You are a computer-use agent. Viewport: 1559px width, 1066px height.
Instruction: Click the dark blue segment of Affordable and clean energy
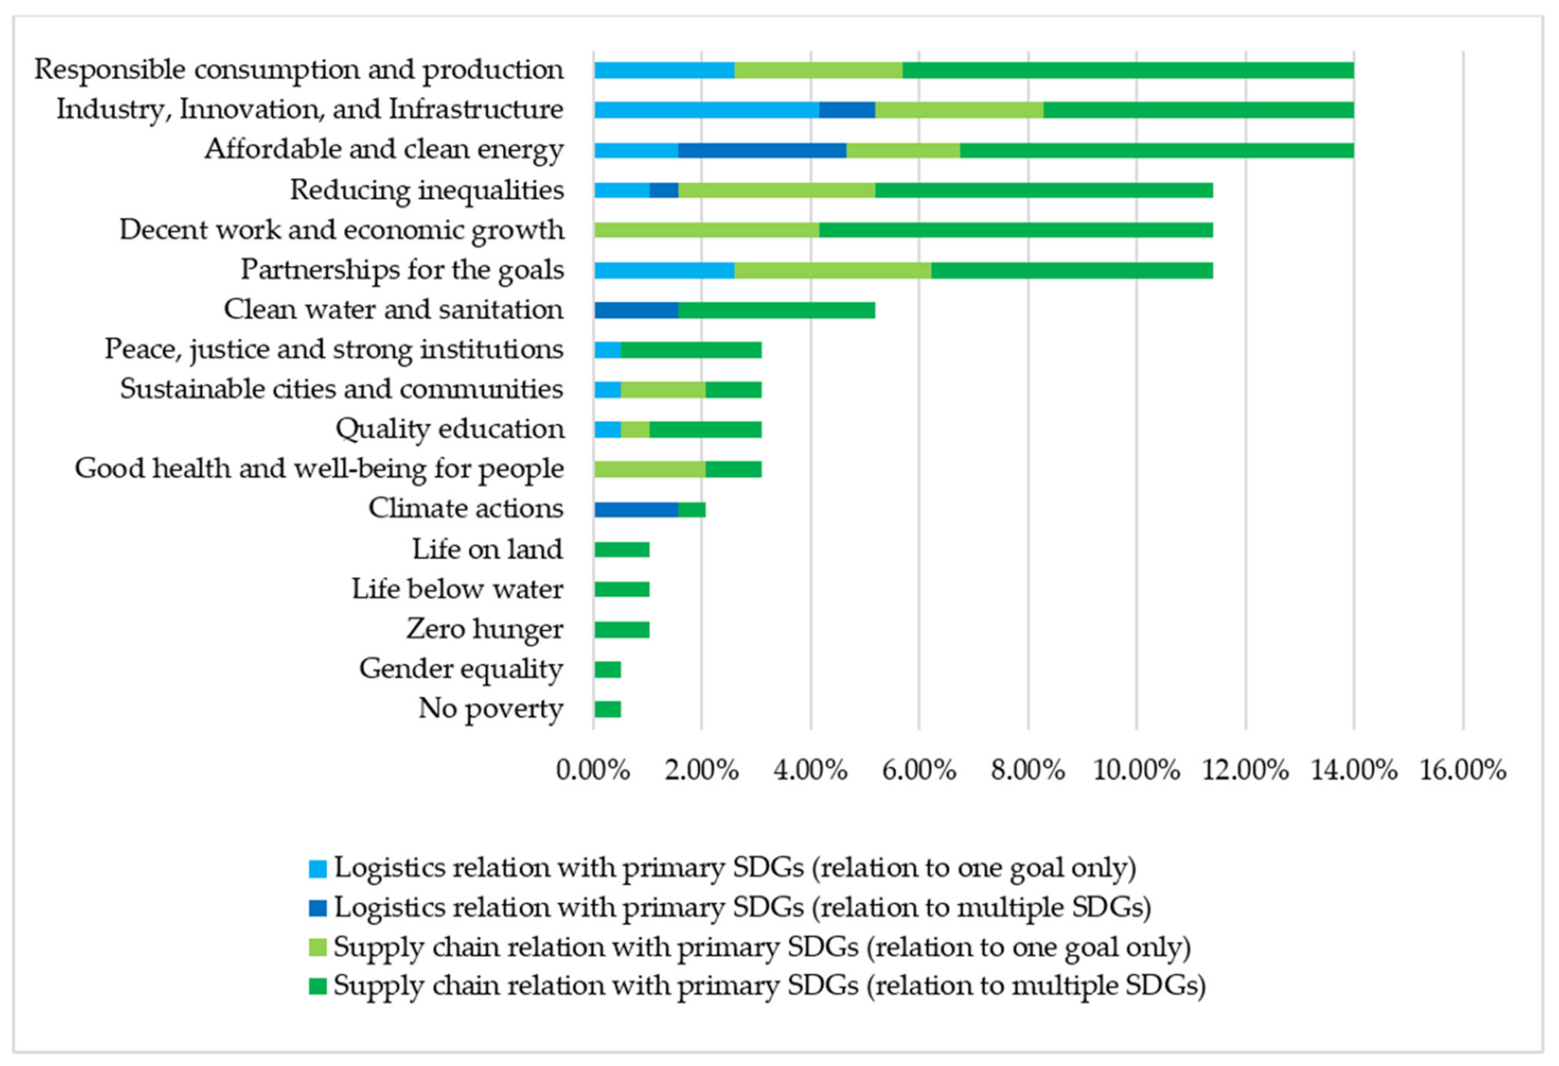tap(762, 150)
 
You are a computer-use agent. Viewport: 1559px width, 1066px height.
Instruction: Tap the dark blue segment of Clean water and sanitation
tap(636, 310)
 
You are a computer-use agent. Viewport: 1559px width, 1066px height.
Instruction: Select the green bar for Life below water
tap(621, 590)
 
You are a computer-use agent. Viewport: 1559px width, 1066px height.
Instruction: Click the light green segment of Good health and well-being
tap(650, 469)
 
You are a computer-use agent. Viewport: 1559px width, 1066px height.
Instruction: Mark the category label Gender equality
tap(461, 669)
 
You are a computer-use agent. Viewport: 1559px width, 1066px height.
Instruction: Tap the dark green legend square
tap(317, 986)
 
